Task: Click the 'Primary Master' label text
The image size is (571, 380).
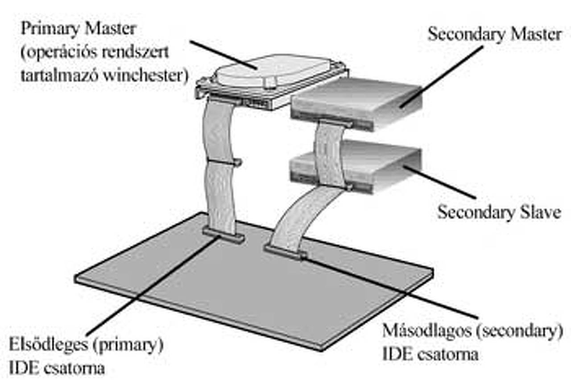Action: (x=79, y=30)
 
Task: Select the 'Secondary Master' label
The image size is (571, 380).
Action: (x=494, y=34)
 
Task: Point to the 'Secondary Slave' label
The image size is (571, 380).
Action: (x=499, y=211)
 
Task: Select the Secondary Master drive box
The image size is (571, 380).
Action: (x=357, y=100)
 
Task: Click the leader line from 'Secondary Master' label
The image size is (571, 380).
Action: (x=442, y=76)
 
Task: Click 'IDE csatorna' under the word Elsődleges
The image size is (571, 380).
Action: (x=57, y=368)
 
